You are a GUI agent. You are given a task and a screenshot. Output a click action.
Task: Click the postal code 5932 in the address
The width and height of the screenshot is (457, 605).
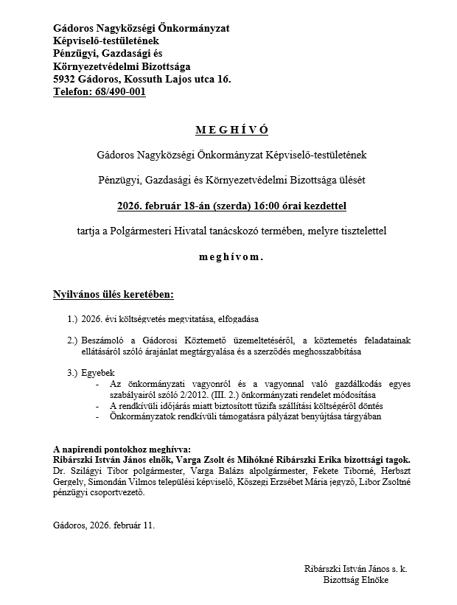click(65, 79)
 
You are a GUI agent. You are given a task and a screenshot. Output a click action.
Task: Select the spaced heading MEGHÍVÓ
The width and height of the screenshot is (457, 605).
click(231, 130)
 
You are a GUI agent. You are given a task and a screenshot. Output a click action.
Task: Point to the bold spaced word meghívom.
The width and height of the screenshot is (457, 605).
click(231, 258)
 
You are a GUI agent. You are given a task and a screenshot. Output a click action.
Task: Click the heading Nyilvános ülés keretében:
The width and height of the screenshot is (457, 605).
click(114, 295)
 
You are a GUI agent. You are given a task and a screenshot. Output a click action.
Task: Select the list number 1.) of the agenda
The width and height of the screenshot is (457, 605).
click(71, 320)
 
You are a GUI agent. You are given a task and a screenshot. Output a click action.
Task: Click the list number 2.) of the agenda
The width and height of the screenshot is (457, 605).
click(71, 340)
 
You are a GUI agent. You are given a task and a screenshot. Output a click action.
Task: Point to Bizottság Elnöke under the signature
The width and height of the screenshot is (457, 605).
click(355, 580)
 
